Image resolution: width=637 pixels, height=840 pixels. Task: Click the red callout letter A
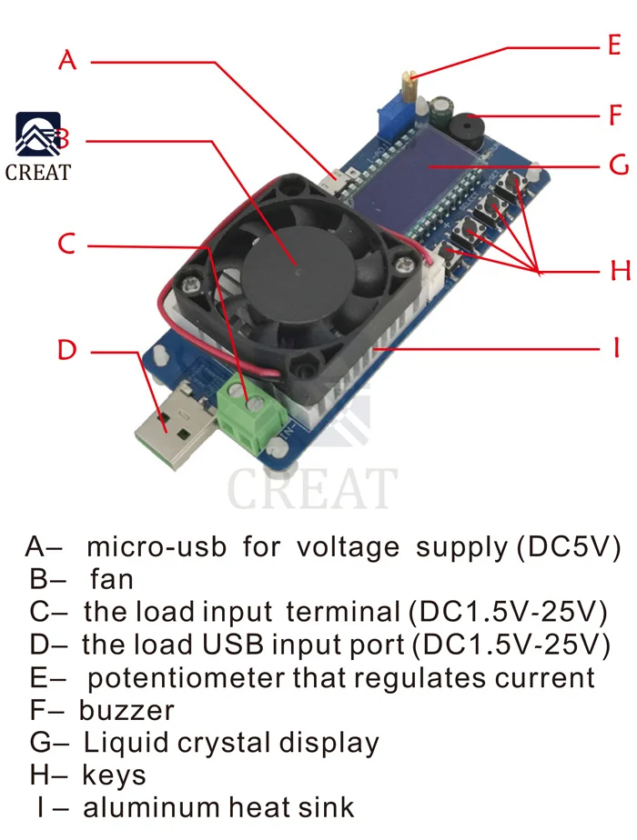68,60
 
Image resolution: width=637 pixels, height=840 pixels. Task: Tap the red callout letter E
614,45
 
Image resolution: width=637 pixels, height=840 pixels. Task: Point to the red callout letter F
616,116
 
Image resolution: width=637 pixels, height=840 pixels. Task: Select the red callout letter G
618,166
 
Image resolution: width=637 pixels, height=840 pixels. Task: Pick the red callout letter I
616,348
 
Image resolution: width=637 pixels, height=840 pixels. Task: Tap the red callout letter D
67,349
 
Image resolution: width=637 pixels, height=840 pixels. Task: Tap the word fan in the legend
112,578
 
